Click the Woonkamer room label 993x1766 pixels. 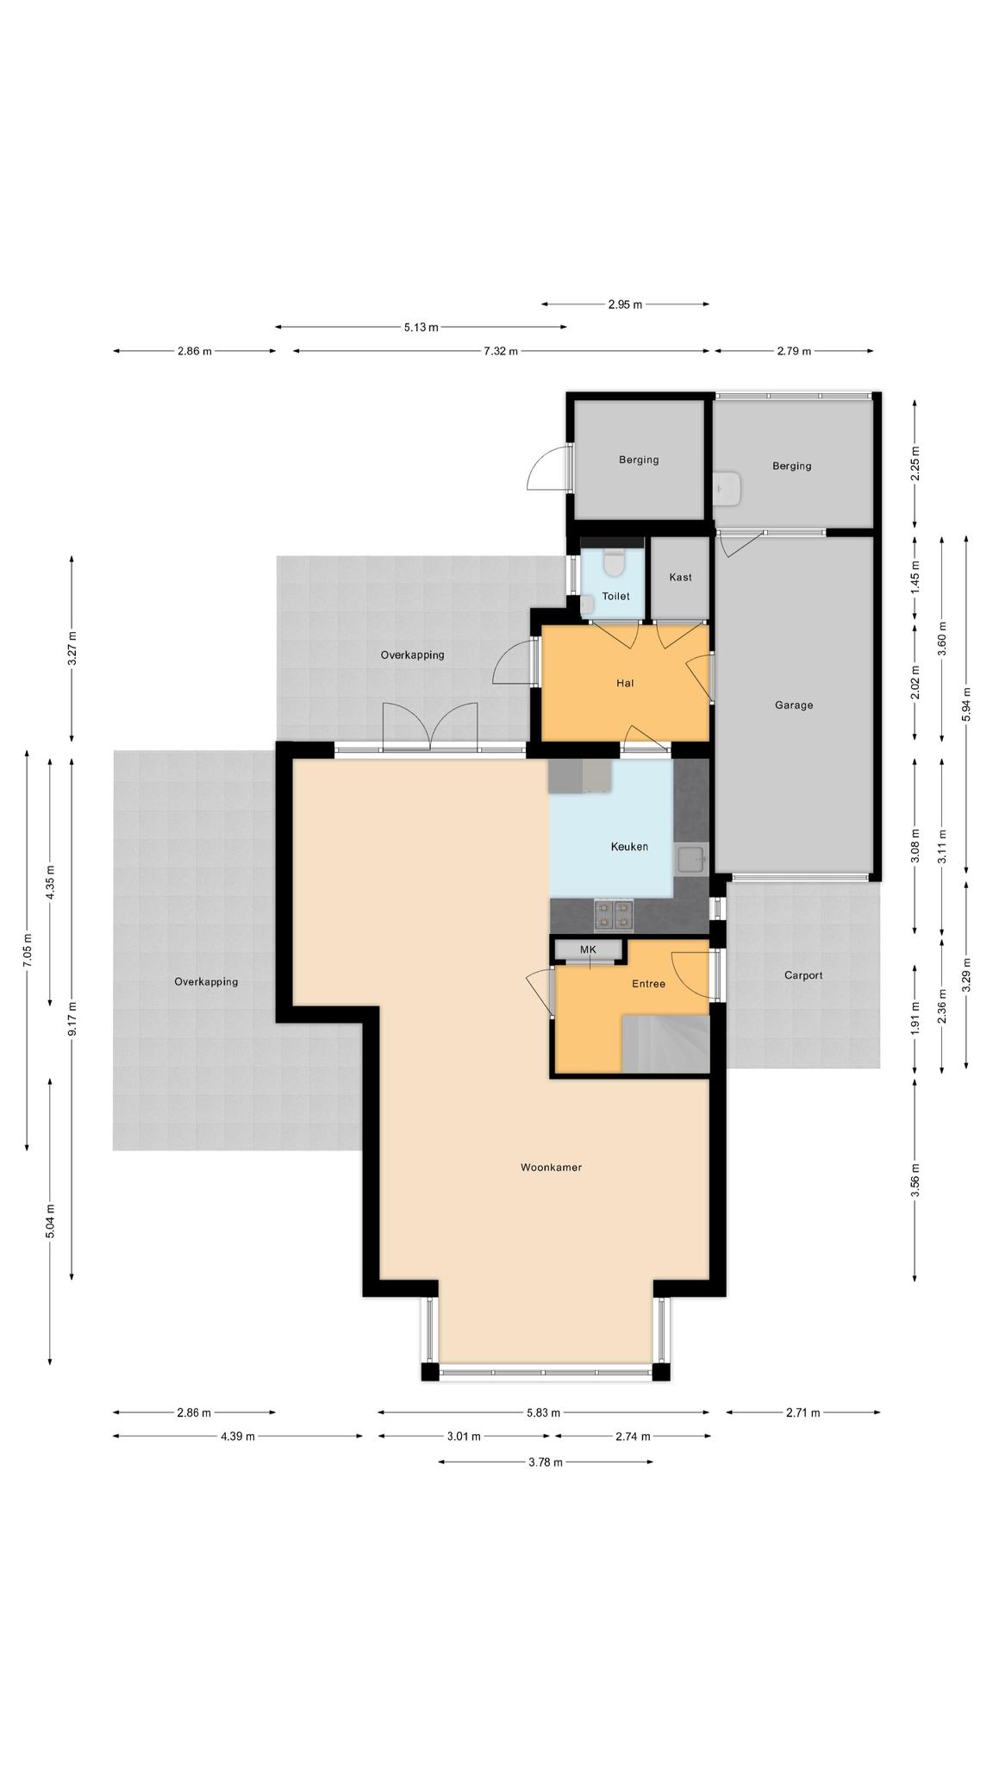coord(551,1168)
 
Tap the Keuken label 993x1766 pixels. coord(629,847)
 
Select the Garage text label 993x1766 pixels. coord(794,705)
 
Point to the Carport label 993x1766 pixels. coord(803,975)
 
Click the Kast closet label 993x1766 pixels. coord(680,577)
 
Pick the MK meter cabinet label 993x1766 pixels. coord(588,949)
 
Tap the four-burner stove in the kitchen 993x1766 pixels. coord(614,915)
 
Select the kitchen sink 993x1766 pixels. coord(691,859)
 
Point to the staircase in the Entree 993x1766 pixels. coord(665,1043)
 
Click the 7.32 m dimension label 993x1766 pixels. coord(501,351)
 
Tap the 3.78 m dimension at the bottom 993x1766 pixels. coord(546,1462)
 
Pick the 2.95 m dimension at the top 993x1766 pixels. coord(625,304)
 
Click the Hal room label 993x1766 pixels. coord(625,683)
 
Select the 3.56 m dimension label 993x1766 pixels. coord(915,1180)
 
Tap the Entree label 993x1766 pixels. coord(648,984)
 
